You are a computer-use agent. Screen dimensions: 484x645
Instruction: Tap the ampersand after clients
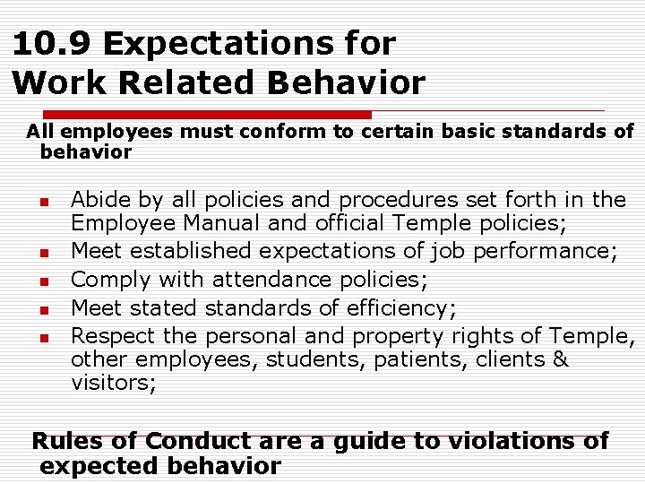(561, 360)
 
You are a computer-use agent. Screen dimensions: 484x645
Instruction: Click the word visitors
(114, 384)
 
